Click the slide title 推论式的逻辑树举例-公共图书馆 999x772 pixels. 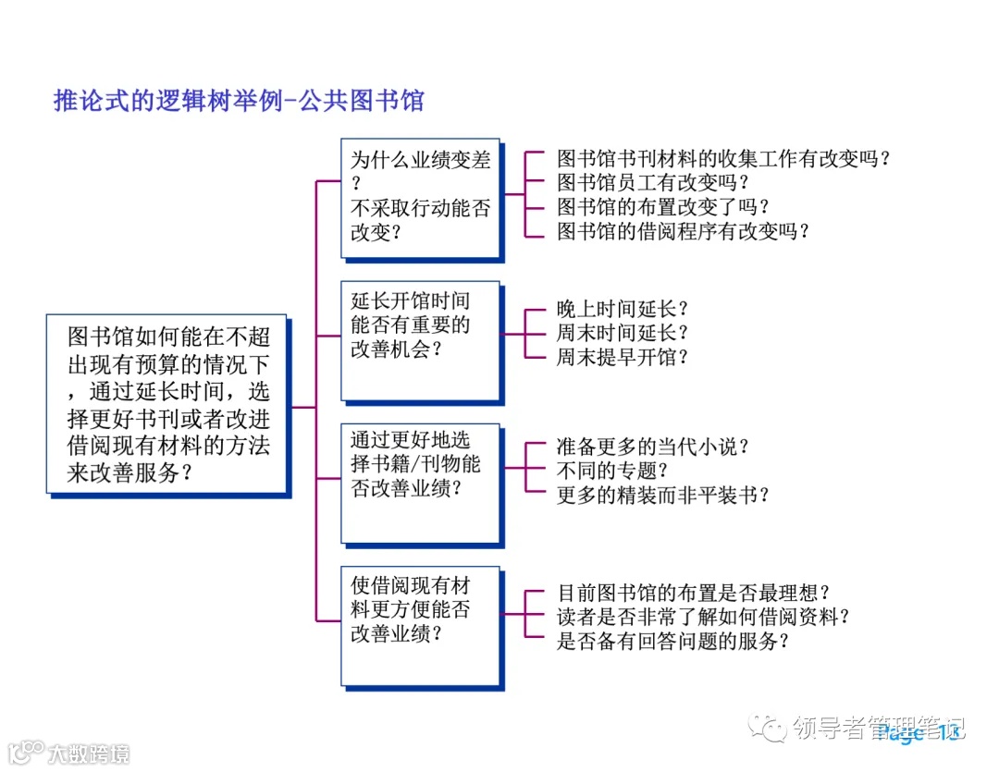pyautogui.click(x=239, y=101)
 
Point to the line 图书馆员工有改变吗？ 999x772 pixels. pyautogui.click(x=652, y=182)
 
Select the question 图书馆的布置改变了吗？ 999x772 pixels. pyautogui.click(x=663, y=206)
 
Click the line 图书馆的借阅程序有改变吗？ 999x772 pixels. pyautogui.click(x=684, y=230)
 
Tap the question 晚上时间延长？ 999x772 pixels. pyautogui.click(x=623, y=309)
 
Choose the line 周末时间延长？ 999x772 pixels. pyautogui.click(x=623, y=333)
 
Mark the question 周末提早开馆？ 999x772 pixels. pyautogui.click(x=623, y=357)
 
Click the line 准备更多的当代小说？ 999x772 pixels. pyautogui.click(x=653, y=447)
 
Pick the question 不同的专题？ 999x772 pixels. pyautogui.click(x=612, y=471)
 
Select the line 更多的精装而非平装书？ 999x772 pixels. pyautogui.click(x=663, y=495)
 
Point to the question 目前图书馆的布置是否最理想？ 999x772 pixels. pyautogui.click(x=693, y=592)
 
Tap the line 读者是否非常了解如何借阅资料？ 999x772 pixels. pyautogui.click(x=703, y=616)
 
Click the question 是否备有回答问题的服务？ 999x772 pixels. pyautogui.click(x=672, y=640)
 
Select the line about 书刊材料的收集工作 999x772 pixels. pyautogui.click(x=723, y=158)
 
